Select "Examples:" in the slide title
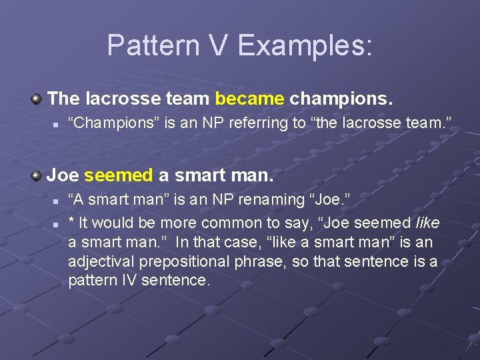(x=305, y=46)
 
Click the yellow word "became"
(x=249, y=99)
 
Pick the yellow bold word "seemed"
(x=119, y=176)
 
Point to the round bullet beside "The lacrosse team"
(x=37, y=99)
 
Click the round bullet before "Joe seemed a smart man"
(x=37, y=176)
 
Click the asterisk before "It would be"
(x=71, y=221)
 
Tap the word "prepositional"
(x=177, y=261)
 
